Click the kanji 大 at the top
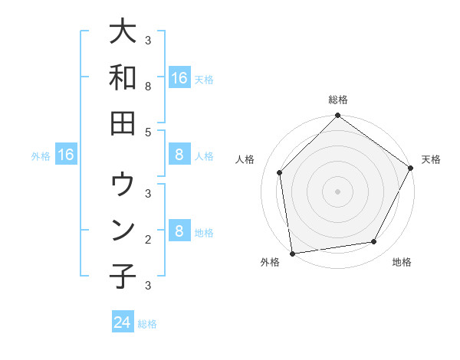pos(123,32)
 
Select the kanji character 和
pos(123,77)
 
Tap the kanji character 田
pos(123,123)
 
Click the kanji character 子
pos(123,275)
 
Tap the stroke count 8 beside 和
pos(148,87)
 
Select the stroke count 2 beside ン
pos(148,239)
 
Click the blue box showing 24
pos(123,322)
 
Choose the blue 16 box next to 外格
pos(66,155)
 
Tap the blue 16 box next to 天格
pos(179,77)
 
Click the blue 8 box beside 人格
pos(179,155)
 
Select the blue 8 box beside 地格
pos(179,231)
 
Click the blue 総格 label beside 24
pos(147,323)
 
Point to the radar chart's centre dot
pos(337,191)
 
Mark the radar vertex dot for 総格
pos(337,116)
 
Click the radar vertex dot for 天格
pos(411,169)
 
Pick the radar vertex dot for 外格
pos(292,253)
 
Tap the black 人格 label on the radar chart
pos(245,159)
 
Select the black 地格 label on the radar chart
pos(402,262)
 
